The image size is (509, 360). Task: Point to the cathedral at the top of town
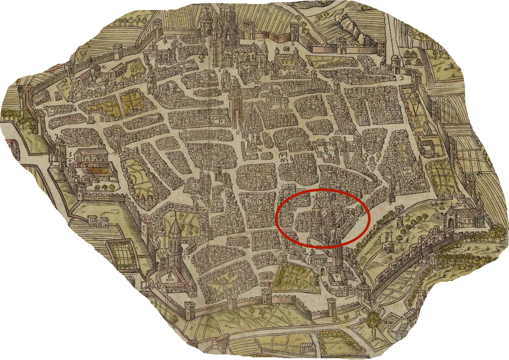click(228, 33)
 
